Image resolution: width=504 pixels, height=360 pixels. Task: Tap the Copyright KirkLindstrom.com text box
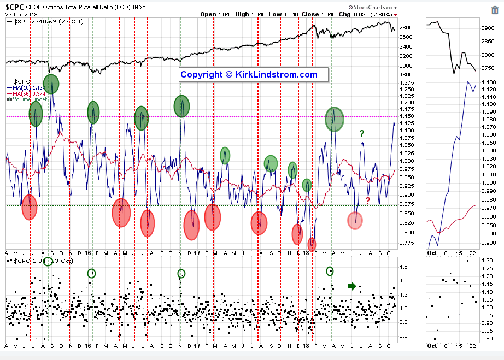pos(249,75)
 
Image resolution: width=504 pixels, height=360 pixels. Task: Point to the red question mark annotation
pos(368,200)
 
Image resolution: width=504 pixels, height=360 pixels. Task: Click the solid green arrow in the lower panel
pos(351,286)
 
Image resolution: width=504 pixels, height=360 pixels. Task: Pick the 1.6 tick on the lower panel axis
pos(402,267)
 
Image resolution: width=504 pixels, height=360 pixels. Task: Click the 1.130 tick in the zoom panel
pos(489,82)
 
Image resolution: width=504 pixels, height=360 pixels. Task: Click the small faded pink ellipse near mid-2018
pos(355,220)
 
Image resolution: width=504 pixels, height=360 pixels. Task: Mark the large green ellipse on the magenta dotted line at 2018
pos(334,119)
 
